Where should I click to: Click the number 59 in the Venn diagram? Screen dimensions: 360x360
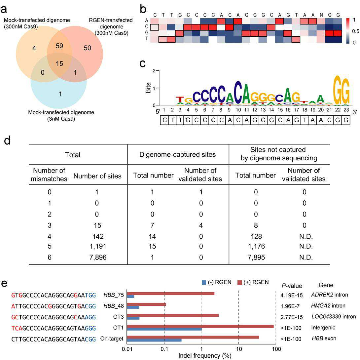click(59, 46)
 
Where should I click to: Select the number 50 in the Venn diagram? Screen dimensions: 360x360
click(87, 48)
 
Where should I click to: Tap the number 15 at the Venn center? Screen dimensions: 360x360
click(59, 64)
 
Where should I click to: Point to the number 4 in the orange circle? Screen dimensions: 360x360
click(34, 48)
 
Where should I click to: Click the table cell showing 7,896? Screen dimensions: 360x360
click(98, 257)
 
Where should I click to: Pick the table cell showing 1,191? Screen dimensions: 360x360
click(98, 246)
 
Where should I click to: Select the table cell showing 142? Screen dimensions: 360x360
click(97, 236)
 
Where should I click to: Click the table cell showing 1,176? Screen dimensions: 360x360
click(256, 246)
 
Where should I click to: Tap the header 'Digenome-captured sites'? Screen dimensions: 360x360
click(178, 154)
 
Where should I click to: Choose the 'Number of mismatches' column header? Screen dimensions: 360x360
click(49, 175)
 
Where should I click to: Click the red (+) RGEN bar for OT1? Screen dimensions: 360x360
click(200, 326)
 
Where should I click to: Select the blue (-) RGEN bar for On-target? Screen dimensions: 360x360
click(154, 340)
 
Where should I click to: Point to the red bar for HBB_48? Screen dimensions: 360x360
click(147, 304)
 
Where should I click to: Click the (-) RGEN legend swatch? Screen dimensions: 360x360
click(204, 282)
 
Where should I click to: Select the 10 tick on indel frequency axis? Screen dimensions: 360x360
click(239, 349)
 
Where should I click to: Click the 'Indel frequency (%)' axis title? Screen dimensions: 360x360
click(205, 356)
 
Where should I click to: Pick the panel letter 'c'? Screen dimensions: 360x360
click(143, 63)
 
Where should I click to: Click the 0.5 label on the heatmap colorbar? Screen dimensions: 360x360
click(355, 31)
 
